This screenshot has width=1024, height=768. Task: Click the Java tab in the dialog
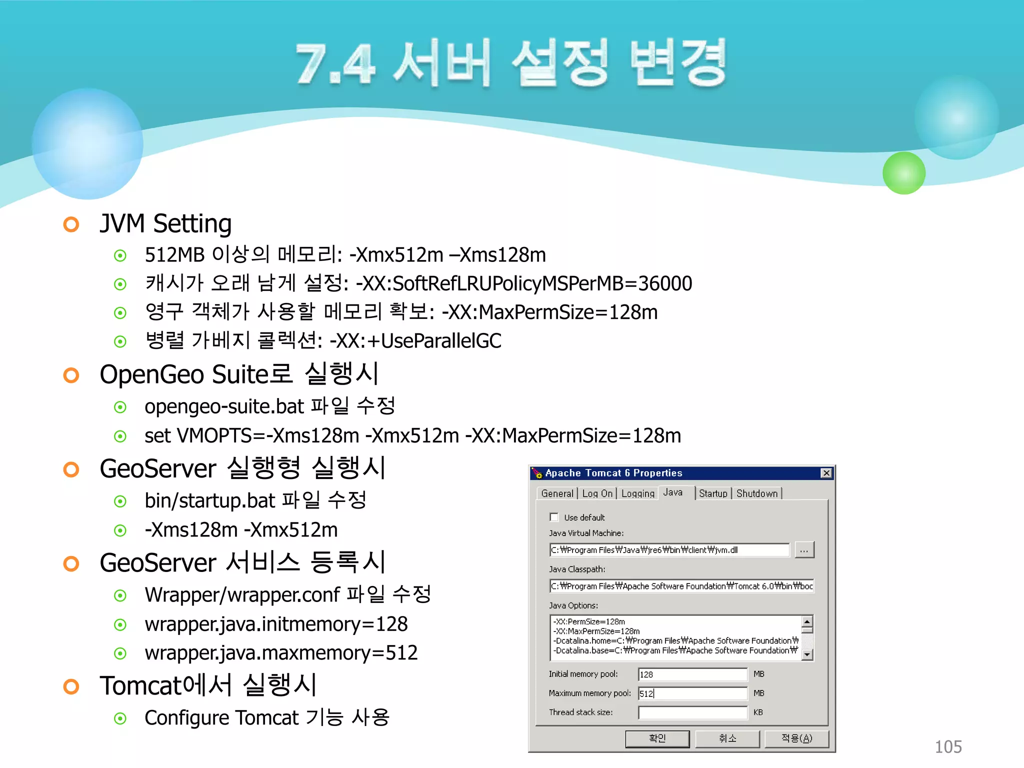[673, 492]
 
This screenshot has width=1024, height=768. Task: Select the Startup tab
[713, 493]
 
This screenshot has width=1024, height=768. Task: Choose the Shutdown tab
[757, 493]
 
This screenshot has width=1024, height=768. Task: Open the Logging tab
[637, 493]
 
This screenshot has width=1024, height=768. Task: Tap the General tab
[557, 493]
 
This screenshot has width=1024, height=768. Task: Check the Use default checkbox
[554, 517]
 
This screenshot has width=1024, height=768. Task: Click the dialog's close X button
[826, 473]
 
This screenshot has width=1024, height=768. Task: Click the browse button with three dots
[804, 550]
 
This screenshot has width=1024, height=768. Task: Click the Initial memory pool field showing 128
[692, 674]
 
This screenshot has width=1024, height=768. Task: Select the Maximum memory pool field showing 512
[692, 693]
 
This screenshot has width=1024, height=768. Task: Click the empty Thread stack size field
[692, 712]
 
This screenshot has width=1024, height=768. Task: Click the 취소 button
[727, 738]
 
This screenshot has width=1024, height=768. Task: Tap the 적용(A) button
[796, 738]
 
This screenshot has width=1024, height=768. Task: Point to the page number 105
[948, 747]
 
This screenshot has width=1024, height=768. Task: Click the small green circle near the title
[904, 173]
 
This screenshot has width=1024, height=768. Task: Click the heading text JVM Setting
[165, 223]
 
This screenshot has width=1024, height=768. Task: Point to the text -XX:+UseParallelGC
[415, 341]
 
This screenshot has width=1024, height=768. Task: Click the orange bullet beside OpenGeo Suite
[71, 375]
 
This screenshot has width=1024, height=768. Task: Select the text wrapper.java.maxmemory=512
[281, 653]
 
